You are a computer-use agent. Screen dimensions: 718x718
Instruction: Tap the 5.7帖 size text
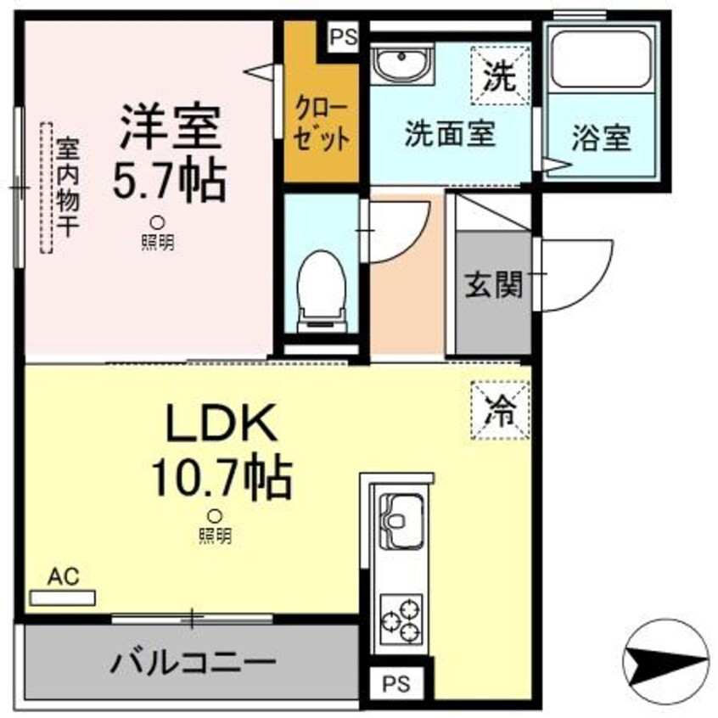pos(170,178)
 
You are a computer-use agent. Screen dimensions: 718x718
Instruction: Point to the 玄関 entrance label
pos(491,285)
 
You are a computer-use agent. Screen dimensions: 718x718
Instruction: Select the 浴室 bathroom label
pos(601,138)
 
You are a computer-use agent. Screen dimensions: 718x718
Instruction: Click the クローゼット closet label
pos(320,124)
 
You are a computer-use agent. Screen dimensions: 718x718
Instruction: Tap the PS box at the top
pos(344,37)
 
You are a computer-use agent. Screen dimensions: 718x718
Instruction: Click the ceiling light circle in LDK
pos(216,515)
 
